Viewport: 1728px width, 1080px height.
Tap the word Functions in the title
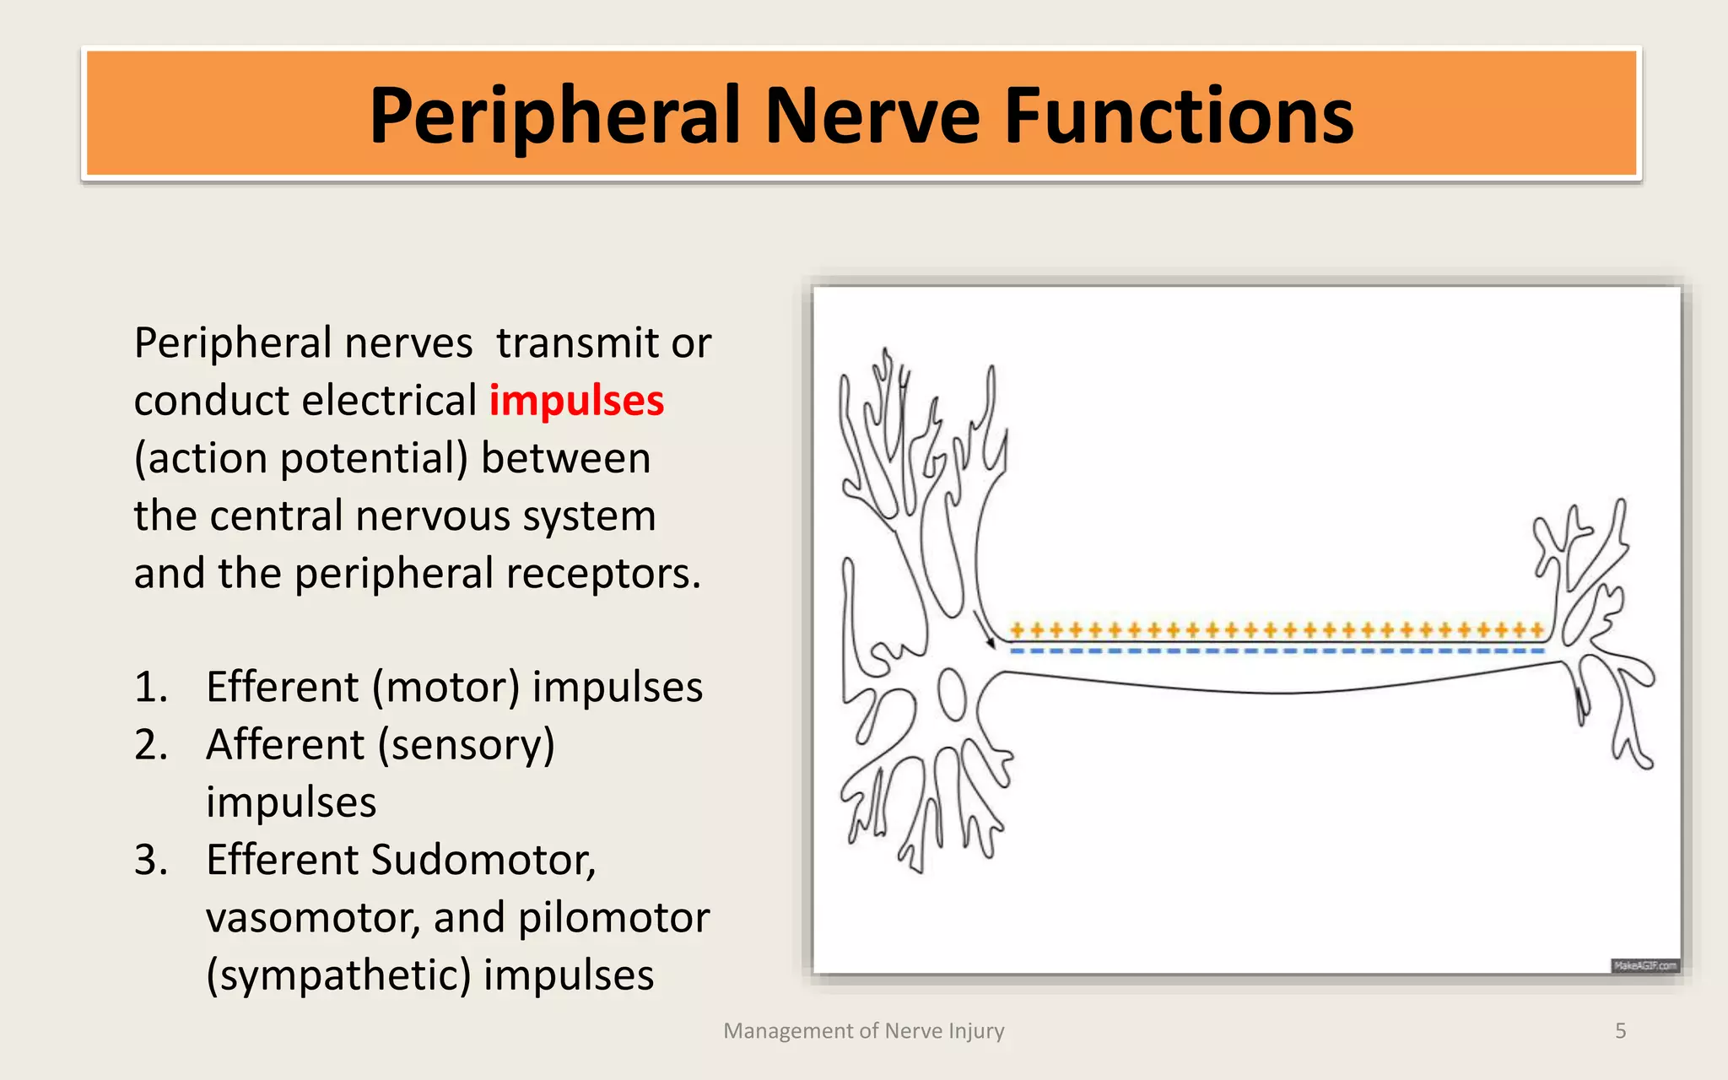(x=1178, y=116)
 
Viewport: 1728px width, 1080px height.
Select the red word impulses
(x=576, y=401)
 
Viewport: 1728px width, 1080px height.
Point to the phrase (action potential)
(x=300, y=458)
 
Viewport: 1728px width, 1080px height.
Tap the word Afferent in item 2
(x=285, y=745)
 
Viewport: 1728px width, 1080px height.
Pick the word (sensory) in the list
(x=466, y=745)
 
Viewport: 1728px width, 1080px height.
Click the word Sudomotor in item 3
(x=483, y=860)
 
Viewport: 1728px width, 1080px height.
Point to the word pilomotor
(x=613, y=918)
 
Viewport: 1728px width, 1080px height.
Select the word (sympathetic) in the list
(x=338, y=975)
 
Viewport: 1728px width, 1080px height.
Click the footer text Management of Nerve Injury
(x=864, y=1031)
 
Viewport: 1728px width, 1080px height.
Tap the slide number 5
(x=1620, y=1031)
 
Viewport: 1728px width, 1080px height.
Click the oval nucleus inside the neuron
(x=953, y=694)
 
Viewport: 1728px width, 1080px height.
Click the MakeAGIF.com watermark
(x=1644, y=965)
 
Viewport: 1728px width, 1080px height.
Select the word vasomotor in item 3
(x=312, y=918)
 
